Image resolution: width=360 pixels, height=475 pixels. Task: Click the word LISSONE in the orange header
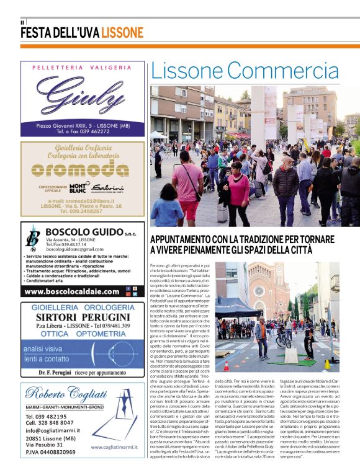coord(122,33)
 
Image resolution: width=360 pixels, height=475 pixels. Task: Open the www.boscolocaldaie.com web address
coord(70,291)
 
